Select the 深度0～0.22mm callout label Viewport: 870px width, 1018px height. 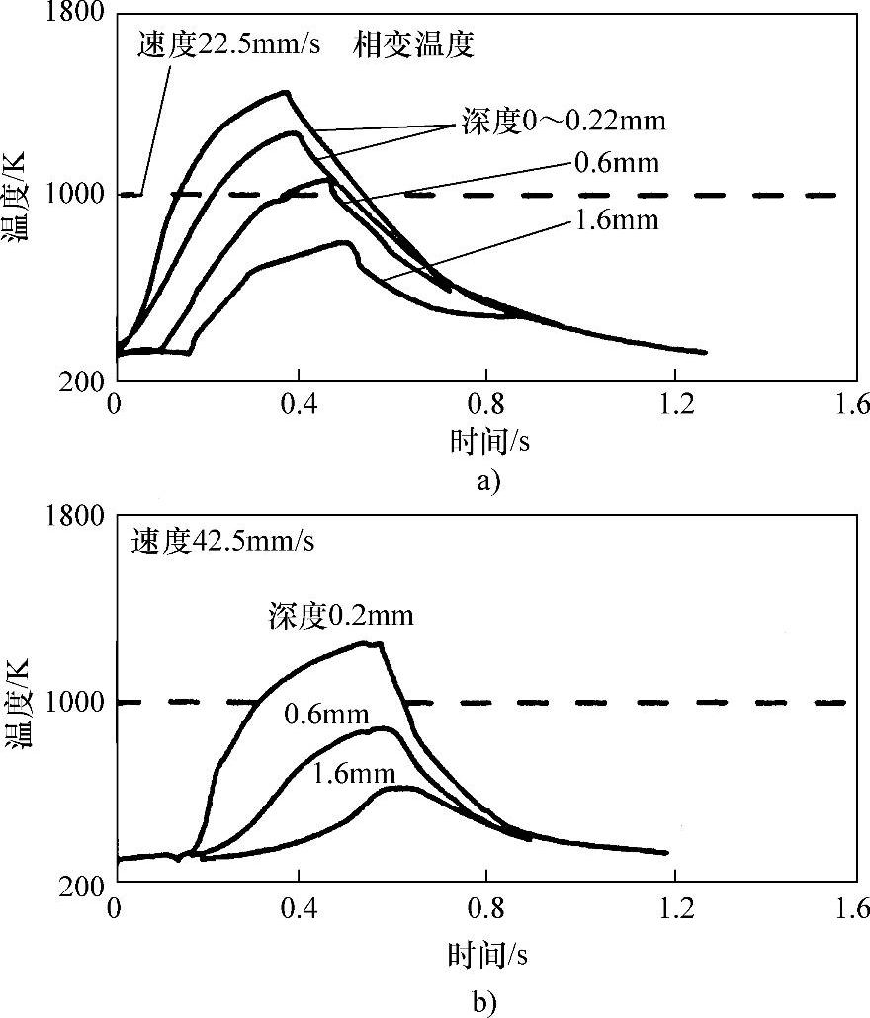[x=562, y=122]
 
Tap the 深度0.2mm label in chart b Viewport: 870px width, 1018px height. [x=340, y=616]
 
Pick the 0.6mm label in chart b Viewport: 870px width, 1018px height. [x=326, y=714]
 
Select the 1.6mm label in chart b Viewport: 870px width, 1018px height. [x=353, y=774]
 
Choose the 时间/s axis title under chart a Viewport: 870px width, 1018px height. [x=488, y=440]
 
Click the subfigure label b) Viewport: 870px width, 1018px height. [x=488, y=1002]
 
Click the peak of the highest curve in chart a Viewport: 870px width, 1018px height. [x=286, y=92]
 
